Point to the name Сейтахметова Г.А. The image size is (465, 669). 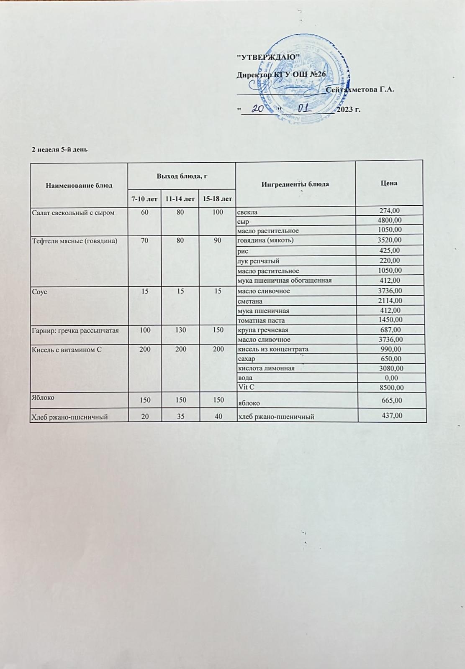pyautogui.click(x=360, y=89)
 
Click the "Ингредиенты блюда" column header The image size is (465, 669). pyautogui.click(x=295, y=184)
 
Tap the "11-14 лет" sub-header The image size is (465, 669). pyautogui.click(x=180, y=199)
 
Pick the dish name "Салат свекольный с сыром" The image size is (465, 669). pyautogui.click(x=73, y=212)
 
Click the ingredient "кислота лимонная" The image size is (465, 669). pyautogui.click(x=266, y=368)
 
